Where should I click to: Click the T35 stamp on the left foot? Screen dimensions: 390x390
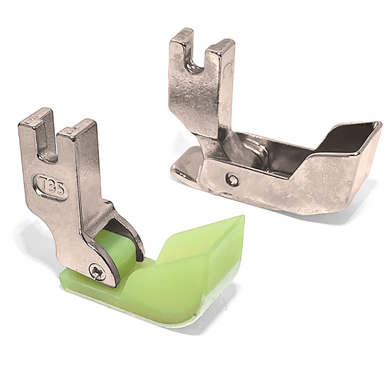coord(50,188)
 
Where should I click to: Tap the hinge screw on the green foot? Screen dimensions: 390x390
coord(96,271)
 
